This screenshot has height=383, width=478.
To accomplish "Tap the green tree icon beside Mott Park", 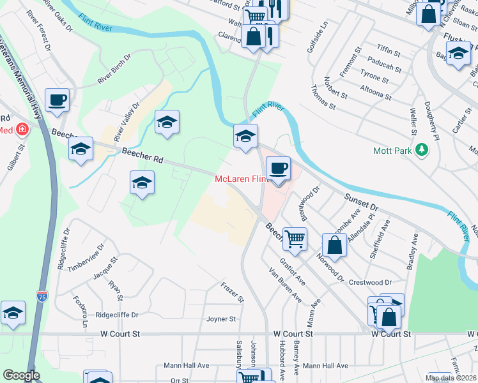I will coord(421,150).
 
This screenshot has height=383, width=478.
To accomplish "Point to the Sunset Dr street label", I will coord(363,199).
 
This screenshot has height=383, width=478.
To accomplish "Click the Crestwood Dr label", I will coord(370,282).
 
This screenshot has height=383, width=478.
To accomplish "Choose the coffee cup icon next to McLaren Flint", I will coord(278,169).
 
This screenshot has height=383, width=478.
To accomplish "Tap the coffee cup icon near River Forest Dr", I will coord(58,100).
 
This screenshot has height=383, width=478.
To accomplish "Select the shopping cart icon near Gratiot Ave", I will coord(295,239).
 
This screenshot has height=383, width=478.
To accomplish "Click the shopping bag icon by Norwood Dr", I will coord(334,244).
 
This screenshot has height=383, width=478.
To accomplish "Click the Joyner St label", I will coord(221,319).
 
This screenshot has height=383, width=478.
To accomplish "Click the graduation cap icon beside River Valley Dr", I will coord(166,122).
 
